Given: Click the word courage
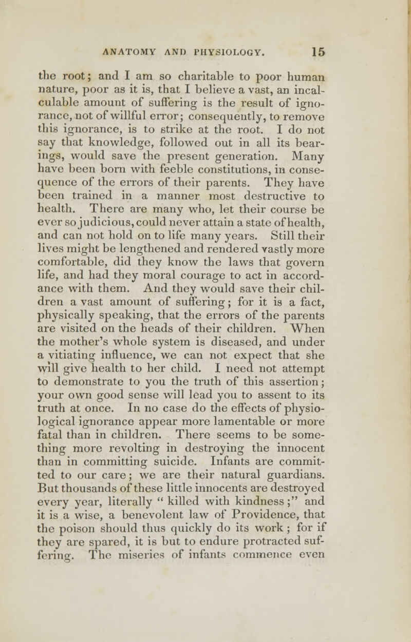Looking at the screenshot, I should [227, 312].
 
